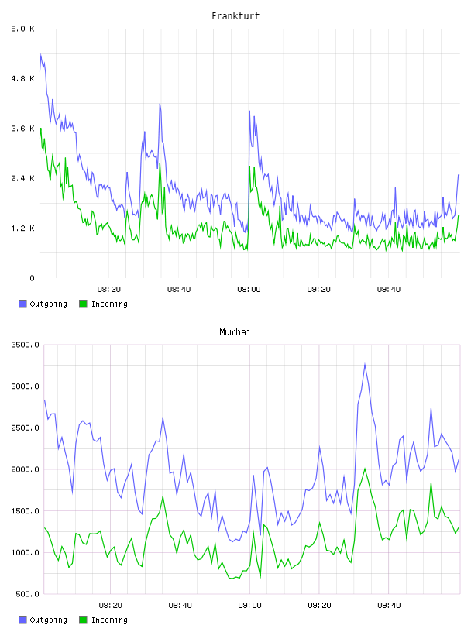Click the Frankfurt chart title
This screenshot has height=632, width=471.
click(x=235, y=16)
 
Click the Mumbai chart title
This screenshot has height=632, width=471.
click(x=235, y=332)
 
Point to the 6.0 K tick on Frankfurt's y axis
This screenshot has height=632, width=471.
click(x=22, y=29)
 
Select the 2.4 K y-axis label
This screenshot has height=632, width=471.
click(x=22, y=178)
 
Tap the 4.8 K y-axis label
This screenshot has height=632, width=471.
click(x=22, y=78)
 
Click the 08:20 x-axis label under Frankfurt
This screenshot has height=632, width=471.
click(x=109, y=289)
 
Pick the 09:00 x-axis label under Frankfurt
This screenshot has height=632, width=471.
click(x=249, y=289)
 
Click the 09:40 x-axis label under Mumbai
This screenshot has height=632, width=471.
click(x=389, y=605)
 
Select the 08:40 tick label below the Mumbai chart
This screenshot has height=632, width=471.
click(x=180, y=605)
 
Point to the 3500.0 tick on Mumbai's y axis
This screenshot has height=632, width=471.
click(x=25, y=345)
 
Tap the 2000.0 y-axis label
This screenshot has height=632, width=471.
click(x=25, y=469)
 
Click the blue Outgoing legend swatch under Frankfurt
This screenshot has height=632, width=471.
click(x=22, y=304)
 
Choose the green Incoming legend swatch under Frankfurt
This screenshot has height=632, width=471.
click(x=83, y=304)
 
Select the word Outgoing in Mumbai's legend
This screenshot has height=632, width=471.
click(x=48, y=620)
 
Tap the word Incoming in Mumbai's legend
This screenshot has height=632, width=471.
click(x=109, y=620)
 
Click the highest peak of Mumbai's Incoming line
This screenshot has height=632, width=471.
click(x=365, y=469)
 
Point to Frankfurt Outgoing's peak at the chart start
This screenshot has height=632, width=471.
click(x=41, y=54)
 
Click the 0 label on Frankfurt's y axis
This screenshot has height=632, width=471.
click(x=32, y=278)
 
